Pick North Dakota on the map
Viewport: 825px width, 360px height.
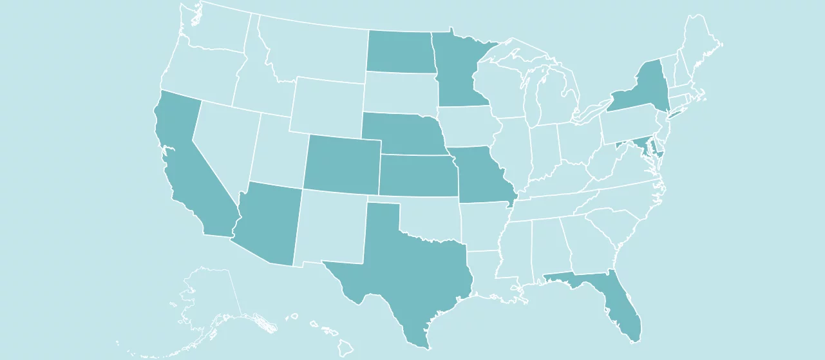point(399,52)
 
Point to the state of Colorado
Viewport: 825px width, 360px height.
point(341,164)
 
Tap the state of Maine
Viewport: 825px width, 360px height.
point(702,42)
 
